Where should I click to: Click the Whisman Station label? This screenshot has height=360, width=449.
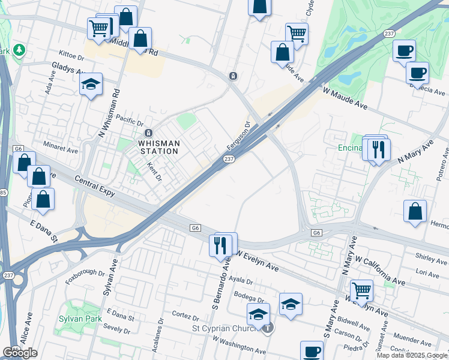pyautogui.click(x=158, y=147)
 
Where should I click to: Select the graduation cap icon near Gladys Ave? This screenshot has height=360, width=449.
pyautogui.click(x=91, y=85)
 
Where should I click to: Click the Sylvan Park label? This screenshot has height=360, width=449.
pyautogui.click(x=80, y=319)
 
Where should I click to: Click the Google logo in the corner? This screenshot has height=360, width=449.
pyautogui.click(x=20, y=353)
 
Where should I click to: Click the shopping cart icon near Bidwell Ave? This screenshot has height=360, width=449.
pyautogui.click(x=361, y=290)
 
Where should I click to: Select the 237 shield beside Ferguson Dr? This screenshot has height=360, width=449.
pyautogui.click(x=229, y=159)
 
